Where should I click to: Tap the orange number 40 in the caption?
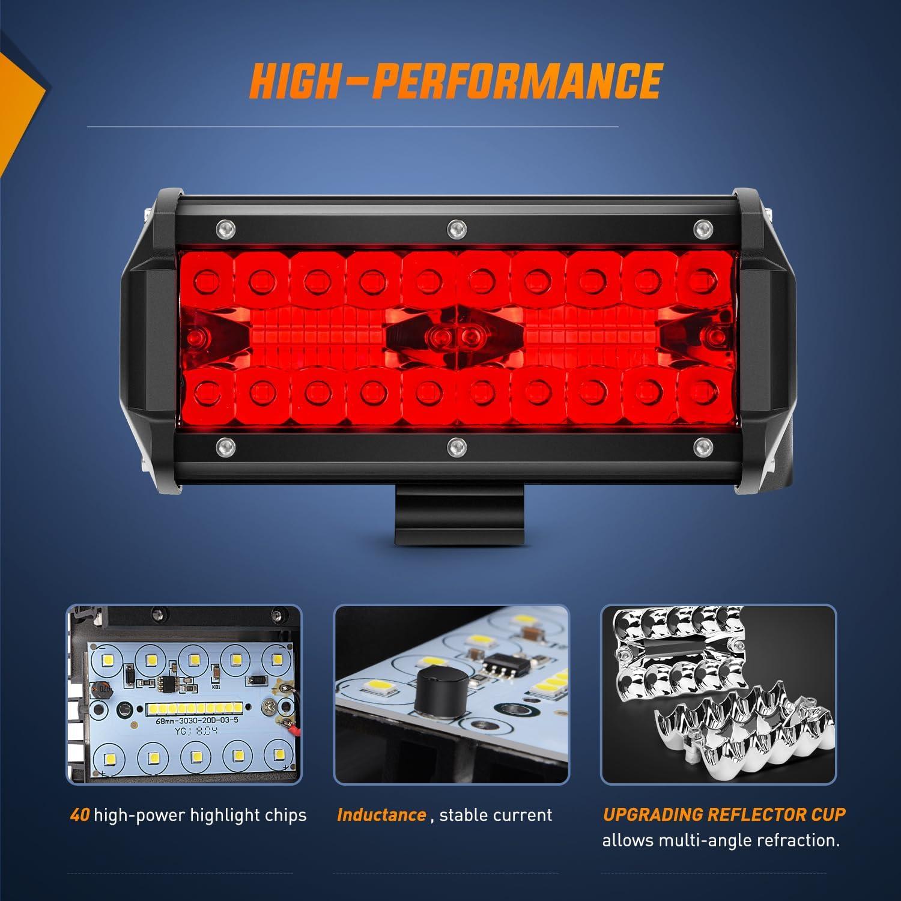coord(79,815)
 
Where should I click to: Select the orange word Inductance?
coord(381,815)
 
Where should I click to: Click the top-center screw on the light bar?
coord(457,228)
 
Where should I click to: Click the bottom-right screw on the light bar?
coord(701,445)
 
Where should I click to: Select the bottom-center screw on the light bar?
coord(457,446)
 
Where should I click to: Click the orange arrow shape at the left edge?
coord(18,96)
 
